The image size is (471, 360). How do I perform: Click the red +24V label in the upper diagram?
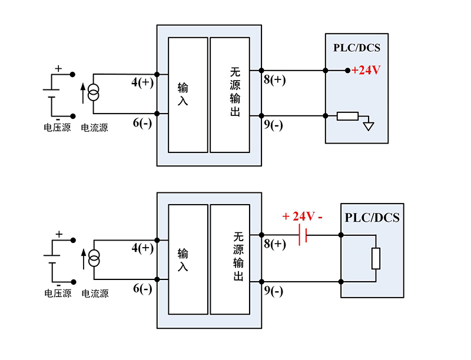pyautogui.click(x=367, y=71)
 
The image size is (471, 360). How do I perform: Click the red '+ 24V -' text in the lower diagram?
pyautogui.click(x=303, y=216)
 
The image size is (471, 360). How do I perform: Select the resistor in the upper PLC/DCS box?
pyautogui.click(x=347, y=116)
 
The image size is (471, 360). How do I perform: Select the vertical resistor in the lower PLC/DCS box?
pyautogui.click(x=376, y=259)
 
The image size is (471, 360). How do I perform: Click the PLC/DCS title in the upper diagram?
pyautogui.click(x=357, y=48)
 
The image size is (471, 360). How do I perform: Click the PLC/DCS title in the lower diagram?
pyautogui.click(x=372, y=218)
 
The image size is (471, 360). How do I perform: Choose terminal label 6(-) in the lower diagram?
pyautogui.click(x=142, y=288)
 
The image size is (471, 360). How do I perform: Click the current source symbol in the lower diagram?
pyautogui.click(x=94, y=259)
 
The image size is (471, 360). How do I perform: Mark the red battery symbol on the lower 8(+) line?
pyautogui.click(x=303, y=235)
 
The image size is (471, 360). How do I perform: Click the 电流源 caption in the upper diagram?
pyautogui.click(x=94, y=127)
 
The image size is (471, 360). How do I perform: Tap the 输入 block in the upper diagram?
pyautogui.click(x=188, y=95)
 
